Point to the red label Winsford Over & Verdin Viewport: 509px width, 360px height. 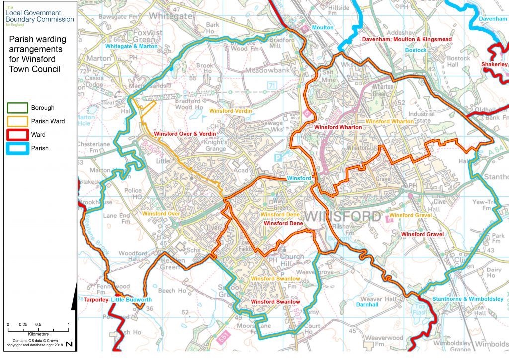click(x=184, y=134)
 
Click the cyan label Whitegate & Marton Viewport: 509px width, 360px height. click(x=131, y=46)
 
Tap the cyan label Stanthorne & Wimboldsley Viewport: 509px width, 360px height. click(x=468, y=299)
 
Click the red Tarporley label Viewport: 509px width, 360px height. click(x=95, y=300)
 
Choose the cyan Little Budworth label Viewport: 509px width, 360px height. click(x=131, y=300)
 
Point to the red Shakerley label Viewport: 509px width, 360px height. click(x=494, y=64)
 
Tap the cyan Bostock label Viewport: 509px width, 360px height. click(x=416, y=50)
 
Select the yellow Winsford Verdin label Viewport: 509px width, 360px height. click(x=230, y=111)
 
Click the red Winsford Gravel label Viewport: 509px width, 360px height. click(x=422, y=234)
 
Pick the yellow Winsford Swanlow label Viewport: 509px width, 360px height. click(x=275, y=279)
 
